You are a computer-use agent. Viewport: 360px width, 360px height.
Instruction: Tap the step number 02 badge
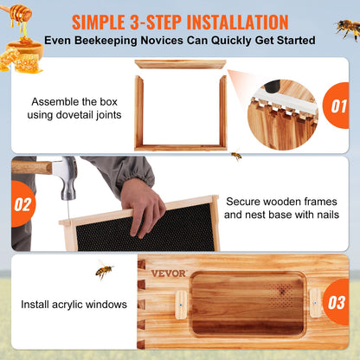click(22, 205)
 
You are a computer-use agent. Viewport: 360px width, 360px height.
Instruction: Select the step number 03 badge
click(337, 302)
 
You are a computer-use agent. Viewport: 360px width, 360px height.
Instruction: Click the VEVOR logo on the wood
click(167, 273)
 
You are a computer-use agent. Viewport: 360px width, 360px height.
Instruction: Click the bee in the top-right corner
click(348, 28)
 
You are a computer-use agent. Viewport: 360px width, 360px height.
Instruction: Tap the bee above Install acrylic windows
click(104, 272)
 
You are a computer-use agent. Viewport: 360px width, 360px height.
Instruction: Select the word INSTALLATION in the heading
click(233, 21)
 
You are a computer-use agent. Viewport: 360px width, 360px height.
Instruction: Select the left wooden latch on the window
click(180, 302)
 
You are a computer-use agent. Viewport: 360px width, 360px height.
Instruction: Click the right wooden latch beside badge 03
click(311, 302)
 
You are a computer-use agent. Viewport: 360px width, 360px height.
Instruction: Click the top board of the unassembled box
click(180, 64)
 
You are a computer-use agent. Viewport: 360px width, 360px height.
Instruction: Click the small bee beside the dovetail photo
click(235, 157)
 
